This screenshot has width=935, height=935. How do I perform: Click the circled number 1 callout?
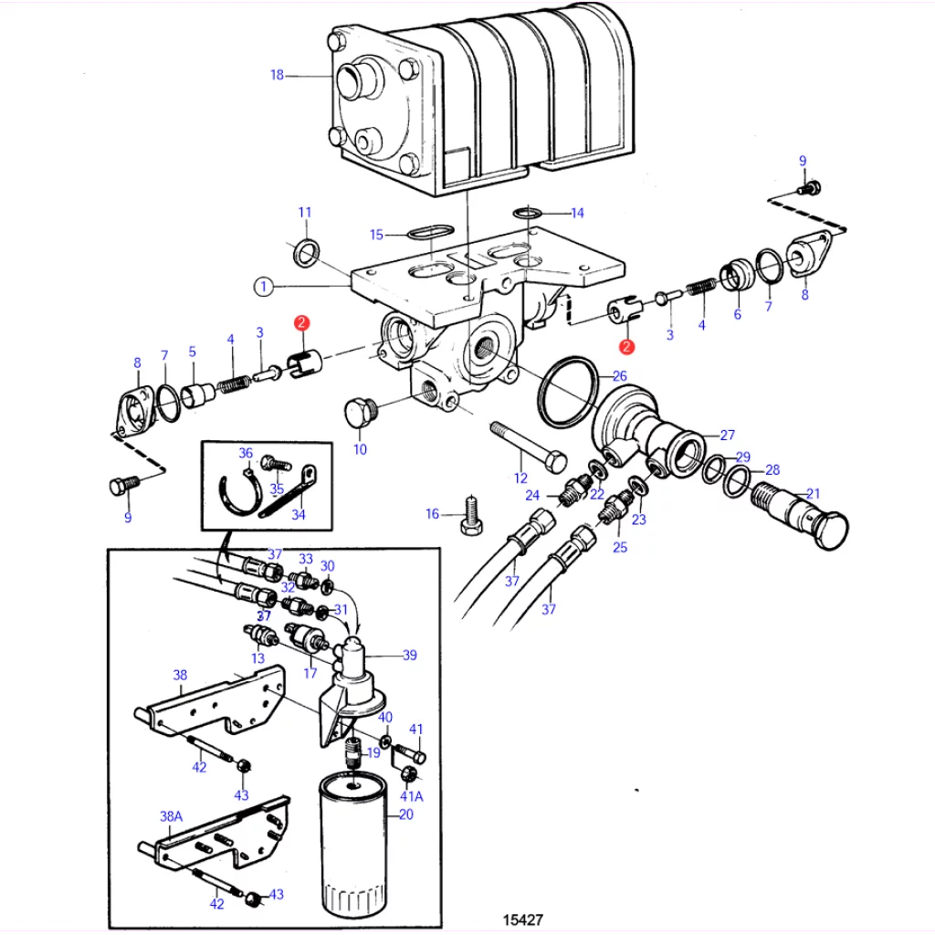tap(264, 287)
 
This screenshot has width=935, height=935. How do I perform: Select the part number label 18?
tap(278, 75)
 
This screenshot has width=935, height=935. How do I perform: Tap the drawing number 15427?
tap(523, 919)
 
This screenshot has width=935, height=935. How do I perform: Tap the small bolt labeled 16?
tap(472, 515)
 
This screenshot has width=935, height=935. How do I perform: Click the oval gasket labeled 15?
tap(431, 231)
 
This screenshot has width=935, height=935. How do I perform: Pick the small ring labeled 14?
tap(527, 212)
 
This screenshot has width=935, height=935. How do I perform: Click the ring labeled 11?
tap(307, 253)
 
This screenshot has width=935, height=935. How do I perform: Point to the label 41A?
tap(412, 796)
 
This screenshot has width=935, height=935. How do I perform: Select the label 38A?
tap(171, 816)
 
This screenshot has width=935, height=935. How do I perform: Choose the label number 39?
tap(410, 655)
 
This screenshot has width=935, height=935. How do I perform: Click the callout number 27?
tap(728, 435)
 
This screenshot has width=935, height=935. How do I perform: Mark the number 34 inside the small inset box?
tap(299, 514)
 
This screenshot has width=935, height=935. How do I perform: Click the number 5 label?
tap(192, 352)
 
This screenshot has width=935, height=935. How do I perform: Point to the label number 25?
tap(620, 548)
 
